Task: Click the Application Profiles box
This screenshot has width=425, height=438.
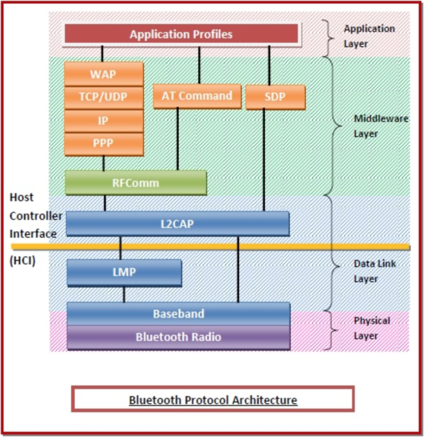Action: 181,35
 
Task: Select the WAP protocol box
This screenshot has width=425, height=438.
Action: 104,74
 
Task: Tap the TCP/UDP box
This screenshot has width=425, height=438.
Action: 104,97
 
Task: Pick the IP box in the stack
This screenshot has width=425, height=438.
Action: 104,120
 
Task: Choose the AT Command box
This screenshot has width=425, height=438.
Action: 197,97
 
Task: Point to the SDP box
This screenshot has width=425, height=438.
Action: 275,97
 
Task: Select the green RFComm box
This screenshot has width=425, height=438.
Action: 136,183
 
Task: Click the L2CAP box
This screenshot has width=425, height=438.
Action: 178,224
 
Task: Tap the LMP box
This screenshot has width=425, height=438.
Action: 124,272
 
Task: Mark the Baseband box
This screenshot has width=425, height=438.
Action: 178,314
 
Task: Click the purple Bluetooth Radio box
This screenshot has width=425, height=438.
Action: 178,337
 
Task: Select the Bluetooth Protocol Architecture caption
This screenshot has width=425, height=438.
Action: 213,400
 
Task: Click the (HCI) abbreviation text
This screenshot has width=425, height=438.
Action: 23,261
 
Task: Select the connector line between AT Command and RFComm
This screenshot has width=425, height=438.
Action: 178,139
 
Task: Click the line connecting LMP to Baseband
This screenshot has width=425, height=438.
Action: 124,294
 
